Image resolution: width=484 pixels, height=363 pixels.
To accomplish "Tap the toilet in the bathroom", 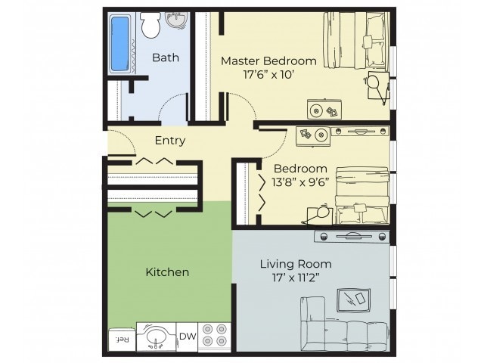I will (149, 27).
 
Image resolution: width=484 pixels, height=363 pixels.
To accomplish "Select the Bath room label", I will (165, 57).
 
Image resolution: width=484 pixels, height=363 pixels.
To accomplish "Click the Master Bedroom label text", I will (268, 60).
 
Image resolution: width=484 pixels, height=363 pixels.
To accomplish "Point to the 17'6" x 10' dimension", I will (268, 75).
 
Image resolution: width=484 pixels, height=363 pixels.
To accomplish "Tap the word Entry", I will (169, 140).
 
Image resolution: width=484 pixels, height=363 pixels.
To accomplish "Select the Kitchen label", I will (167, 271).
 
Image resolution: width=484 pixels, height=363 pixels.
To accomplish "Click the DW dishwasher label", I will (187, 337).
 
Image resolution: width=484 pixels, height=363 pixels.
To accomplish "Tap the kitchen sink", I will (156, 338).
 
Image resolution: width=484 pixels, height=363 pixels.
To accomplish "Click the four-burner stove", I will (214, 337).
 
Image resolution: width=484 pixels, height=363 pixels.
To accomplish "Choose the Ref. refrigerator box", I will (121, 340).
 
